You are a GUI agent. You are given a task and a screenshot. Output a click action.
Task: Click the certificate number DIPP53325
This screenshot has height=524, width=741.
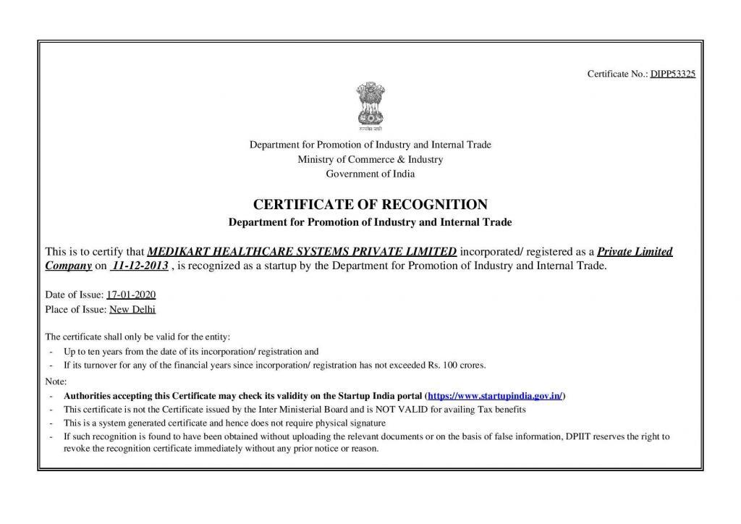(x=672, y=74)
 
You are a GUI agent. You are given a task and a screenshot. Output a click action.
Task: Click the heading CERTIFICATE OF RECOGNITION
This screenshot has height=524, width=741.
(x=370, y=204)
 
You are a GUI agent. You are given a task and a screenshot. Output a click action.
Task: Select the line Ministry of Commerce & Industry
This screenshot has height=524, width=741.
(x=370, y=159)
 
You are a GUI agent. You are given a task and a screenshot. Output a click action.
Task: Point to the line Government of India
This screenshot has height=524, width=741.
(x=370, y=174)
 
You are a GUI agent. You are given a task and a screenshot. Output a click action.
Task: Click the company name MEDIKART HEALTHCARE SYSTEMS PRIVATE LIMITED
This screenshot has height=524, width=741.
(x=302, y=252)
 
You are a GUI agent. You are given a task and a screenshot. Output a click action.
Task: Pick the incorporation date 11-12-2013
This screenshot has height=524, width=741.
(x=140, y=266)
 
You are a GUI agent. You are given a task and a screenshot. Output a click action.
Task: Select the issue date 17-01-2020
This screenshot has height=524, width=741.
(x=131, y=295)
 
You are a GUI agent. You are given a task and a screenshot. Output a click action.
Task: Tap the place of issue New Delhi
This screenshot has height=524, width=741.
(x=132, y=309)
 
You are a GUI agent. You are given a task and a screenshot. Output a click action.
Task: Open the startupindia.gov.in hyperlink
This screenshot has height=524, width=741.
(x=495, y=396)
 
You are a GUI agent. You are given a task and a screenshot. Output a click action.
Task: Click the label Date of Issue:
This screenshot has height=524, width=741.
(x=75, y=295)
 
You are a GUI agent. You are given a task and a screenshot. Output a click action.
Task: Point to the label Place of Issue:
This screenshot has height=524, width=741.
(x=76, y=309)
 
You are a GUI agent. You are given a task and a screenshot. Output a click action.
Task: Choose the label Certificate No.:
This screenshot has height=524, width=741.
(x=617, y=74)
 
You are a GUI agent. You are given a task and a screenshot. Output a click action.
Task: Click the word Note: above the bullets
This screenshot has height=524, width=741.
(x=56, y=381)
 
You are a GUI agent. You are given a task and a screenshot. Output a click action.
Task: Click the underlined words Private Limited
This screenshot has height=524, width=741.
(x=635, y=252)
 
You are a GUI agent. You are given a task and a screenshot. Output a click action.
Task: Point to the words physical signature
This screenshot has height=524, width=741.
(x=354, y=423)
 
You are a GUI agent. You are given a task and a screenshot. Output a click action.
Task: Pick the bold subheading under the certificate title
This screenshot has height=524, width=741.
(x=370, y=221)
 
